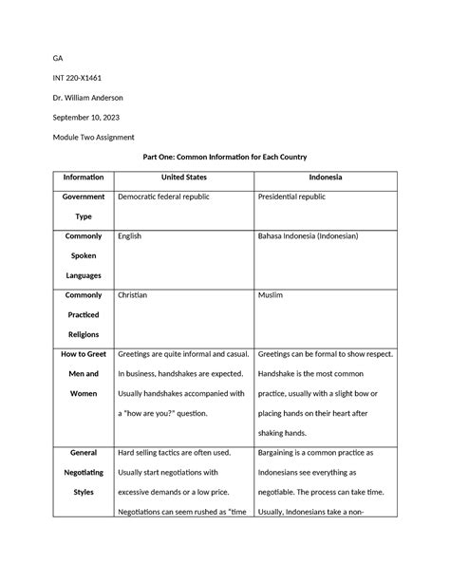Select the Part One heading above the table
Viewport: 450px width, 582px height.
pos(224,157)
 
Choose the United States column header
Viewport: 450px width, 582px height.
pos(183,178)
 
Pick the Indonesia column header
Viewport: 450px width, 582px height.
pos(326,178)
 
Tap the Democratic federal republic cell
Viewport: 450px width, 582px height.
pos(162,197)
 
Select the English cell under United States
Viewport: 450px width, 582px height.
pos(129,236)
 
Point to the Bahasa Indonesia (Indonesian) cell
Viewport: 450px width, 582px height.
pos(317,236)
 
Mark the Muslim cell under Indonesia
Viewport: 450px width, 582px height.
pos(271,295)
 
